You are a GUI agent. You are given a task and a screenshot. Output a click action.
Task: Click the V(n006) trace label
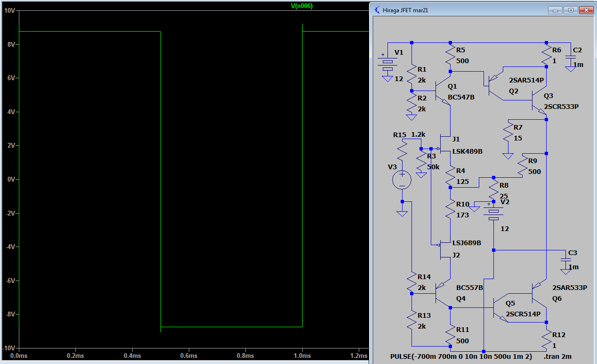point(302,6)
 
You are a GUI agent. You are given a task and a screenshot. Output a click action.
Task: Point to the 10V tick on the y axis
point(9,11)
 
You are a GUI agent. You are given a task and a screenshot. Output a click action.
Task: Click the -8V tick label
point(11,314)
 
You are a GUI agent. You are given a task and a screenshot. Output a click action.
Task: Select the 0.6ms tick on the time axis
point(189,356)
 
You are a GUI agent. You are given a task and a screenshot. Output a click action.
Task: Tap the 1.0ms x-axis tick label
point(302,356)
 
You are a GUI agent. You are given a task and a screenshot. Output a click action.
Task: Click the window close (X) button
point(586,10)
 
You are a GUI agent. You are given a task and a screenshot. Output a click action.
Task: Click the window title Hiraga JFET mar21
point(405,10)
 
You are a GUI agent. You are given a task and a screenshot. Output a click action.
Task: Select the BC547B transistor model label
point(461,97)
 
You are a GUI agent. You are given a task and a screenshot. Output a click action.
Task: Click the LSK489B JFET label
point(468,151)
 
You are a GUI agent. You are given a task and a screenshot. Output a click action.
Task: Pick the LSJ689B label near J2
point(467,243)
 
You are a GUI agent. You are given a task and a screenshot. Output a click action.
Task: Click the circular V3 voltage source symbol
point(402,180)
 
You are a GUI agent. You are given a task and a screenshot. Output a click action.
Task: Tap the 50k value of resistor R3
point(433,167)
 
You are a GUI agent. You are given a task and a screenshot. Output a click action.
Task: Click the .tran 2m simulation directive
point(557,356)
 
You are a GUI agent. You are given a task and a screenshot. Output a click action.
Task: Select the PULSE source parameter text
point(461,356)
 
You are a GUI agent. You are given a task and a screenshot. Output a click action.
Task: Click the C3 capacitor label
point(573,253)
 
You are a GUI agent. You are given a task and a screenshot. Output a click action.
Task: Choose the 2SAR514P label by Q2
point(526,80)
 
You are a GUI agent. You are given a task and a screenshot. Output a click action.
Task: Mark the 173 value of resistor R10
point(462,215)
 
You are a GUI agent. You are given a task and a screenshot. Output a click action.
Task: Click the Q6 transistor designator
point(557,298)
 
